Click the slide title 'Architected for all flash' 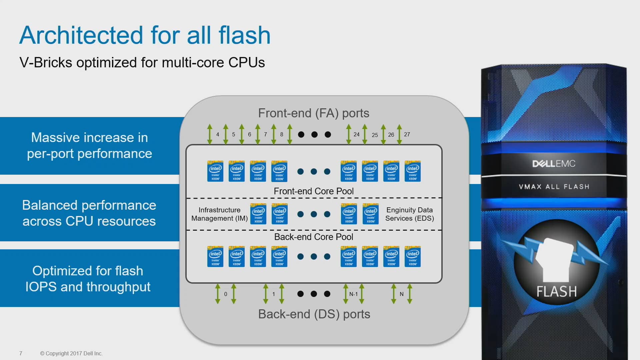pyautogui.click(x=145, y=35)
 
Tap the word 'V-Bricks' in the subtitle pyautogui.click(x=46, y=63)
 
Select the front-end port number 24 pyautogui.click(x=356, y=134)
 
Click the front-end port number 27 pyautogui.click(x=407, y=134)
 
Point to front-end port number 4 pyautogui.click(x=217, y=134)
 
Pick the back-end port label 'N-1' pyautogui.click(x=353, y=294)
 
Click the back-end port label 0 pyautogui.click(x=226, y=294)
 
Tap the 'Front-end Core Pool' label pyautogui.click(x=313, y=191)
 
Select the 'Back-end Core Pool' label pyautogui.click(x=313, y=237)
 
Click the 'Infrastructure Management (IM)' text pyautogui.click(x=219, y=214)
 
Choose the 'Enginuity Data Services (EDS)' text pyautogui.click(x=409, y=214)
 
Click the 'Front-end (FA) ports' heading pyautogui.click(x=313, y=113)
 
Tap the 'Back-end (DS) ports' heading pyautogui.click(x=314, y=314)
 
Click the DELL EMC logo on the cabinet pyautogui.click(x=554, y=164)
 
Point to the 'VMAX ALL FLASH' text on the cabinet pyautogui.click(x=554, y=187)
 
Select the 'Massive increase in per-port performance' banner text pyautogui.click(x=89, y=146)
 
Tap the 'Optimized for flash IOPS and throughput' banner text pyautogui.click(x=88, y=279)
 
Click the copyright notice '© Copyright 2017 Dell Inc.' pyautogui.click(x=71, y=353)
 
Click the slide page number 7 pyautogui.click(x=21, y=353)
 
